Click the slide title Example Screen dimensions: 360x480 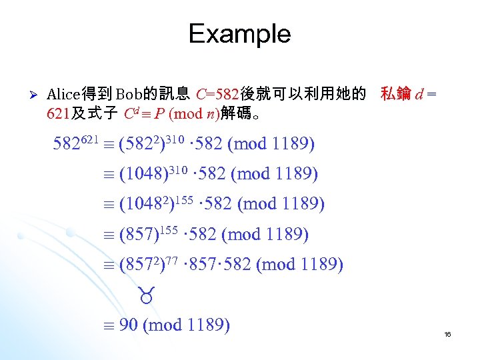(239, 33)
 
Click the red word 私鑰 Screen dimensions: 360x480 (395, 95)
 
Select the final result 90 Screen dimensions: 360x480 (129, 325)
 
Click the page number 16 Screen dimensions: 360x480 (447, 334)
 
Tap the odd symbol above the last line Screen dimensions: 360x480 (146, 294)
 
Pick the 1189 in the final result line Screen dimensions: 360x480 (205, 325)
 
